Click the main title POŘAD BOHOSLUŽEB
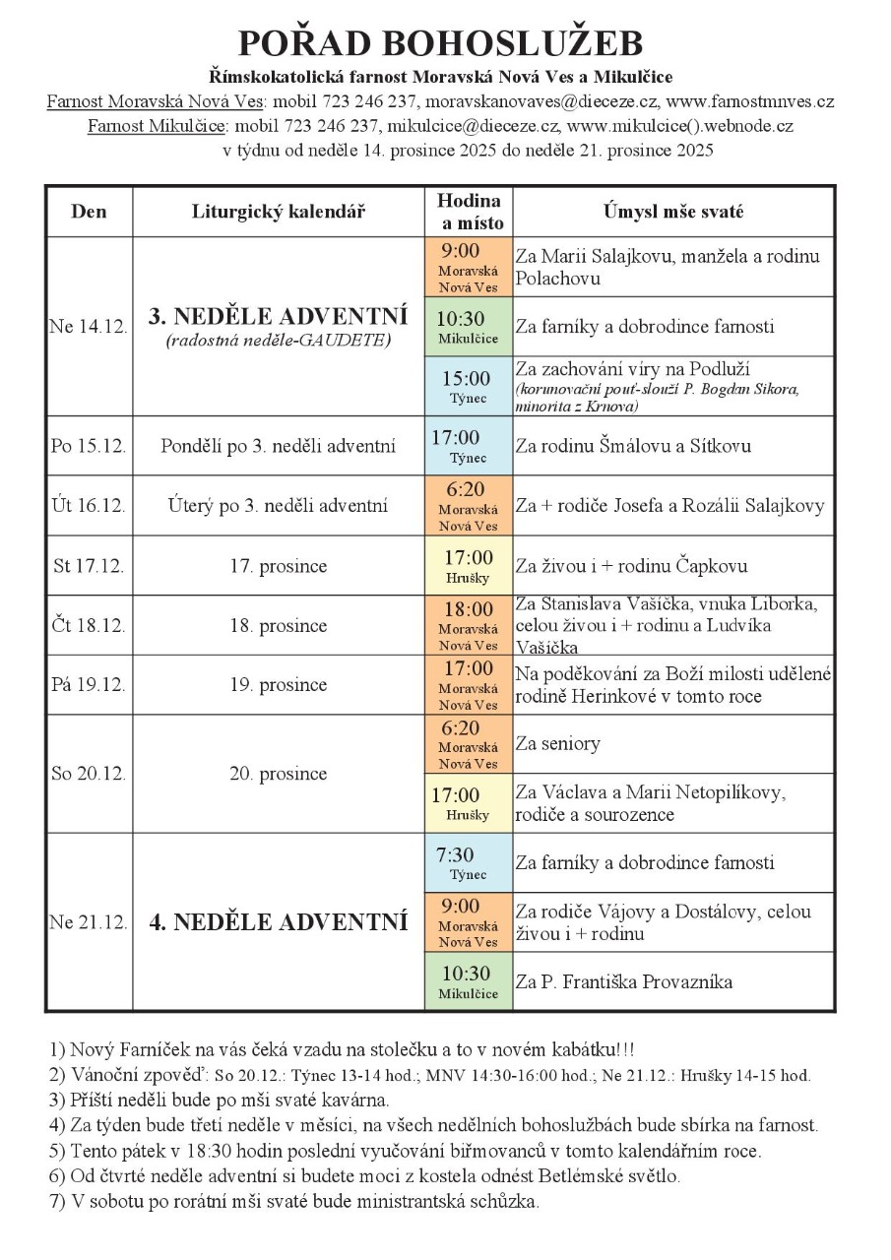pyautogui.click(x=440, y=43)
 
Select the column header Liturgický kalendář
pyautogui.click(x=279, y=212)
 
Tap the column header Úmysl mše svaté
pyautogui.click(x=673, y=212)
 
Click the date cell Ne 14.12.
pyautogui.click(x=89, y=327)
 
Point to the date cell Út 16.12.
pyautogui.click(x=89, y=506)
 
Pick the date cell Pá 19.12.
pyautogui.click(x=89, y=685)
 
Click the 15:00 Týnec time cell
pyautogui.click(x=468, y=386)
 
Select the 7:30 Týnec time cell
pyautogui.click(x=468, y=863)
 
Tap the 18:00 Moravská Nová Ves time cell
pyautogui.click(x=468, y=625)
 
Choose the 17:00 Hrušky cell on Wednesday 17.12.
pyautogui.click(x=468, y=566)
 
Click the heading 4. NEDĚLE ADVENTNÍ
pyautogui.click(x=279, y=923)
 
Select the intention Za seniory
pyautogui.click(x=557, y=744)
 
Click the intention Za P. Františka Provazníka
pyautogui.click(x=624, y=982)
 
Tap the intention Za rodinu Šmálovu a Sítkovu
pyautogui.click(x=633, y=446)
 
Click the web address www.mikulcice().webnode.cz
pyautogui.click(x=680, y=126)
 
